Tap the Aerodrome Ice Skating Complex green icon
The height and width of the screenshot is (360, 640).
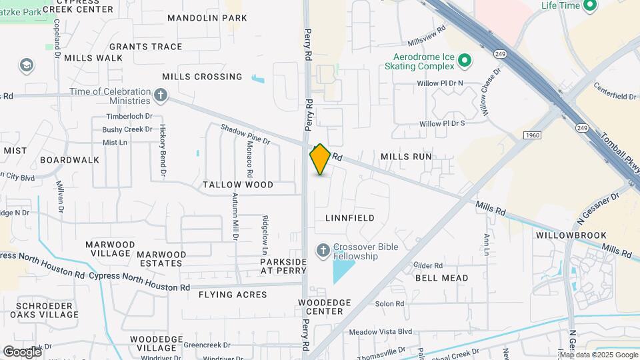[466, 61]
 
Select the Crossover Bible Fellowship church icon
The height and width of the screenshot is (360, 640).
[323, 250]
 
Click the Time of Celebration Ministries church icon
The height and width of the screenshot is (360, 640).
[160, 95]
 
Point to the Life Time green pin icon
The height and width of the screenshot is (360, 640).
[589, 6]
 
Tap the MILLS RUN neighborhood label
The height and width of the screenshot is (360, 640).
[406, 157]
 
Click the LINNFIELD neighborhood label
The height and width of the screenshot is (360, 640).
[349, 218]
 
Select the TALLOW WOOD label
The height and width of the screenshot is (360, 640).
[238, 185]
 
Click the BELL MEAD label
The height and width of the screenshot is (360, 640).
[441, 278]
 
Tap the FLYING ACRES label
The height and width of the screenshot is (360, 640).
[233, 295]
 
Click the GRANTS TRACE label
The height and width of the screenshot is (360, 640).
[145, 47]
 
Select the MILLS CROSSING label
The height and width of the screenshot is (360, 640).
[202, 77]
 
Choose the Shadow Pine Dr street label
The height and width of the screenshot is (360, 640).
[245, 133]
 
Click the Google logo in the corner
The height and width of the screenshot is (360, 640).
[22, 351]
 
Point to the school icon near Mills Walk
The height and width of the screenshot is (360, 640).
[26, 66]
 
